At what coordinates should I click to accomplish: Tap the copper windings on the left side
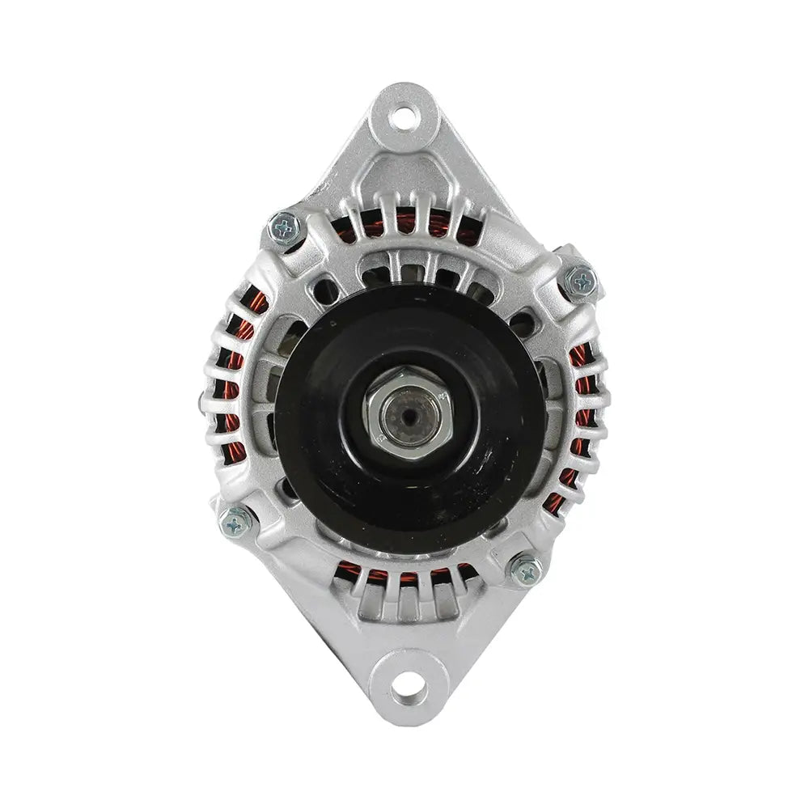tap(231, 380)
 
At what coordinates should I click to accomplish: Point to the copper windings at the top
tap(404, 222)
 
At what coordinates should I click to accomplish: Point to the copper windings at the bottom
tap(404, 576)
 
